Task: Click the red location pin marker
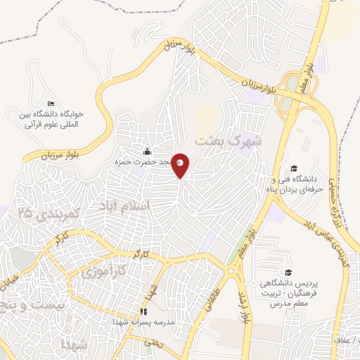(181, 165)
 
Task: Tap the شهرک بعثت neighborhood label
(229, 139)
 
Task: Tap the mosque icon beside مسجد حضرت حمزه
(147, 151)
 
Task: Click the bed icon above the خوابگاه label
(50, 103)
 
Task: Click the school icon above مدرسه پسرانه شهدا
(143, 311)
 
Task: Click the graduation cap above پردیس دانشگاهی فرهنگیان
(288, 272)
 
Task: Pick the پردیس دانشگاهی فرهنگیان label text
(288, 288)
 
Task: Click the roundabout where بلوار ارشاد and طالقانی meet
(232, 270)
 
